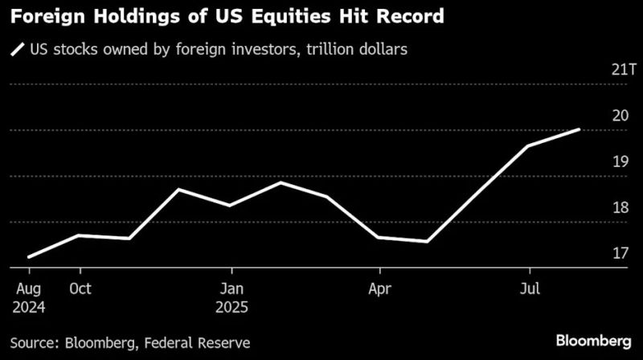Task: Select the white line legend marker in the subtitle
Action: tap(17, 50)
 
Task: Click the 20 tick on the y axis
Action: tap(620, 116)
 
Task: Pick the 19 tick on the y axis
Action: tap(620, 162)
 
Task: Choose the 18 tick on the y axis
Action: tap(620, 208)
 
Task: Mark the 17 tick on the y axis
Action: tap(620, 254)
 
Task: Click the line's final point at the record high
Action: tap(579, 129)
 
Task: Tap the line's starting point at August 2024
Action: tap(29, 257)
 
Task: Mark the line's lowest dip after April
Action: tap(427, 241)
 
